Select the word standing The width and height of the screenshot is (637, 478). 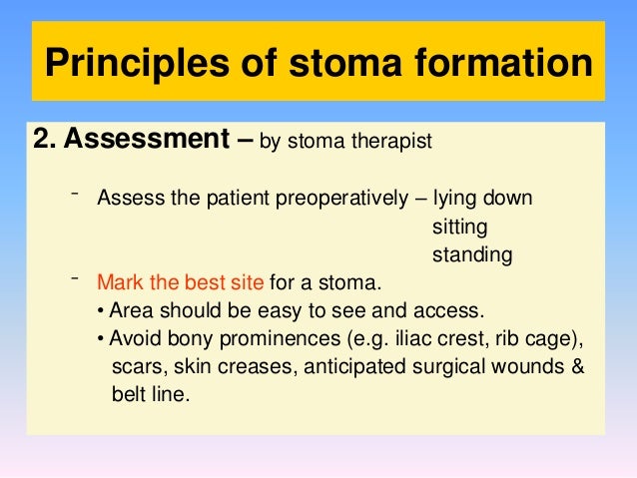coord(472,255)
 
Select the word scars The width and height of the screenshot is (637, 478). coord(135,365)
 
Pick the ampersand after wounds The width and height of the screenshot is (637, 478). coord(578,365)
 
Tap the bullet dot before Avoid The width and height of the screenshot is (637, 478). coord(102,337)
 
